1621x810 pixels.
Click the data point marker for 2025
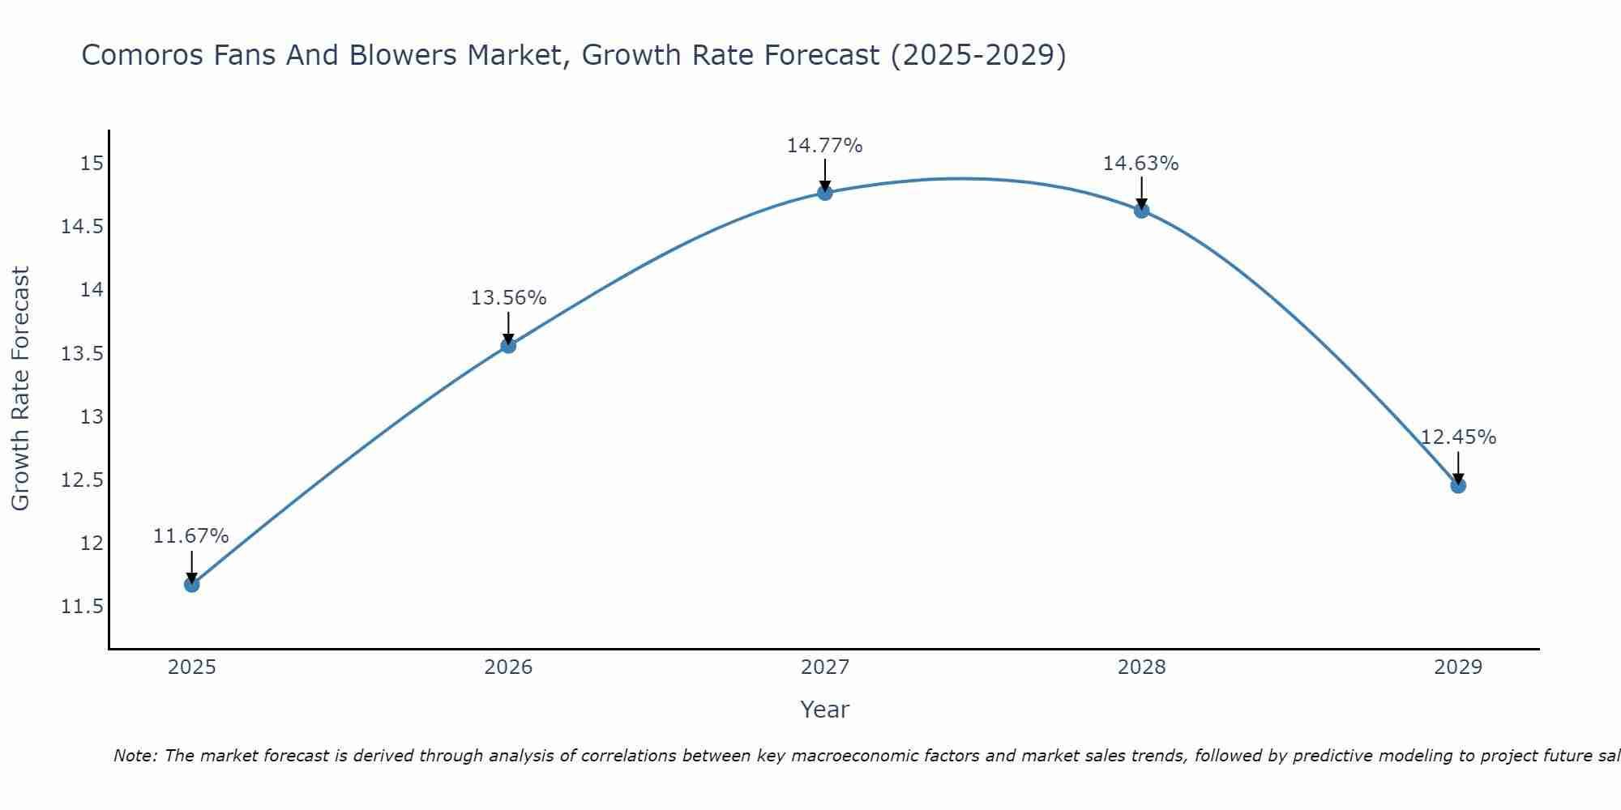click(191, 584)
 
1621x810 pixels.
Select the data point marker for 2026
click(508, 346)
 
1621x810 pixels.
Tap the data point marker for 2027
click(825, 193)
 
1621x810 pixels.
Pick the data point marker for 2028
click(1141, 211)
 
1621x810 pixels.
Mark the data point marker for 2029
click(1458, 486)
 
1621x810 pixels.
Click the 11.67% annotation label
click(191, 536)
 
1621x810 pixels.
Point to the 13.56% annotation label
click(508, 298)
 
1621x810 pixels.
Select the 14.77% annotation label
click(825, 146)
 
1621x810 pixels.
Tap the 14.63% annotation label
click(1141, 164)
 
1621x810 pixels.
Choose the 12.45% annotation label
click(1458, 437)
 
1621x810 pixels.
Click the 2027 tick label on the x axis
click(825, 667)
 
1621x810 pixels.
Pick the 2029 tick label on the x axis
click(1458, 667)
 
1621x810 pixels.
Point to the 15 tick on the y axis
click(92, 164)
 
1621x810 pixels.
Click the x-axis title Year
click(825, 710)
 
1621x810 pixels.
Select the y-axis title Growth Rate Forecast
click(21, 388)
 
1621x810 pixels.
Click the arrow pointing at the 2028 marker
click(1141, 193)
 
